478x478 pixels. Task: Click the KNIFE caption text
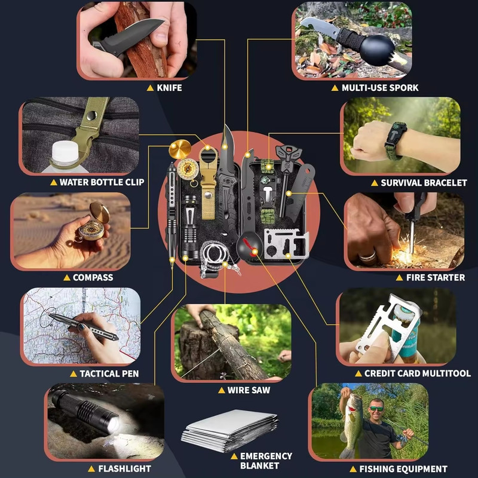169,88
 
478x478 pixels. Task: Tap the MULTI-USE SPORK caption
380,88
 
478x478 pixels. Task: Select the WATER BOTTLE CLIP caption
102,182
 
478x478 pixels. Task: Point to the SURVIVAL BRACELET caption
424,183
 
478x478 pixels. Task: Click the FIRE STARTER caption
436,277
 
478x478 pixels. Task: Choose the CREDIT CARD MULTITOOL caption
417,373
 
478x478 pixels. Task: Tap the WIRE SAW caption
249,390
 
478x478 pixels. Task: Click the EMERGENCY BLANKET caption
266,461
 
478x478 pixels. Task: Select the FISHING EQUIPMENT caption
403,468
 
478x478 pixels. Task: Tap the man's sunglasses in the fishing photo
376,409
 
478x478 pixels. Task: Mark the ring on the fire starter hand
367,256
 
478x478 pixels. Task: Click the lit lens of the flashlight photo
114,425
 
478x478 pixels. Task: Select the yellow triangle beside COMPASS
67,277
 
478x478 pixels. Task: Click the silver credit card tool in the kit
286,244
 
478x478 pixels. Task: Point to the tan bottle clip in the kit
209,183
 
